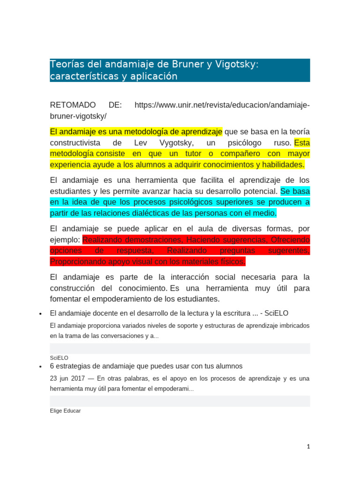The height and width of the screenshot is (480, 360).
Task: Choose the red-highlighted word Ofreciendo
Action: point(290,240)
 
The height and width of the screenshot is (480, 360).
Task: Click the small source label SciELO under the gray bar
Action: point(59,357)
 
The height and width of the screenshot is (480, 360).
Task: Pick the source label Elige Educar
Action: point(65,411)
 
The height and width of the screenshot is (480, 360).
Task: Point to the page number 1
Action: point(308,447)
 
